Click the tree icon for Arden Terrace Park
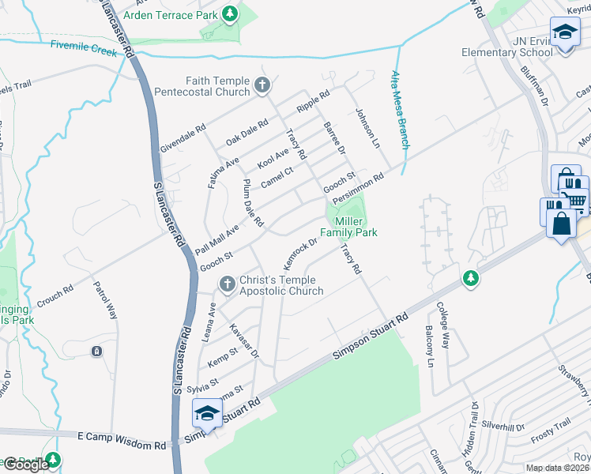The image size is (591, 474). tap(230, 13)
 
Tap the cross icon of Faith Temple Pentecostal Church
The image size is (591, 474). tap(262, 85)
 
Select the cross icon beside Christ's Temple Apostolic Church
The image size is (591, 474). tap(226, 282)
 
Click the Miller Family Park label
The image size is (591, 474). tap(348, 228)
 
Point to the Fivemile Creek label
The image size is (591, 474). tap(84, 48)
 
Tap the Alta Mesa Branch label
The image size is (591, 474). tap(400, 110)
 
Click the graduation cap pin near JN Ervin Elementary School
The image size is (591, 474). tap(566, 33)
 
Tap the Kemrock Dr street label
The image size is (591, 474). tap(300, 252)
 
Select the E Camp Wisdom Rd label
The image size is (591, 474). tap(122, 440)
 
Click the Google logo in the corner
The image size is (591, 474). tap(25, 465)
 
